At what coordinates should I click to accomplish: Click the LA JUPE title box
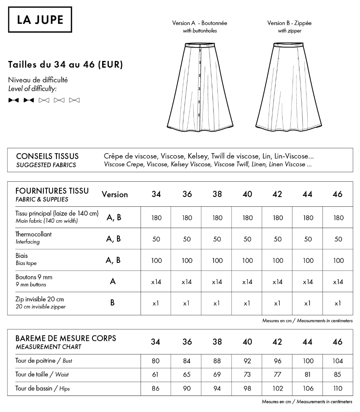coord(40,19)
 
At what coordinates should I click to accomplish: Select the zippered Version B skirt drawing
coord(289,88)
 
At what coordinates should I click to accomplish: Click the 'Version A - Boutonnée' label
coord(199,23)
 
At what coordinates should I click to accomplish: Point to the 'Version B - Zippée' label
coord(289,23)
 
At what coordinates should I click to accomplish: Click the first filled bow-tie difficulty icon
coord(13,100)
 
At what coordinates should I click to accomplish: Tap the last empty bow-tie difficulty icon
coord(74,100)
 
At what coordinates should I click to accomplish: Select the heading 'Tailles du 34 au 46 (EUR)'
coord(65,65)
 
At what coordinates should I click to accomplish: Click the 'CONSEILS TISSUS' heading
coord(47,156)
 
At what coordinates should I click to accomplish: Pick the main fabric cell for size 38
coord(217,218)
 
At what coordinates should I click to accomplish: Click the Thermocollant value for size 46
coord(338,239)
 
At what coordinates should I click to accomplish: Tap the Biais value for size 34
coord(156,261)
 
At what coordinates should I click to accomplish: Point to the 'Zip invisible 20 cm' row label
coord(40,299)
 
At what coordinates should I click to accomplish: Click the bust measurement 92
coord(247,361)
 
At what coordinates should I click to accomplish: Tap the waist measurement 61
coord(156,375)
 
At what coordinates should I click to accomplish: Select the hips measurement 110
coord(338,388)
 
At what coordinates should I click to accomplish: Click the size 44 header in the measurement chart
coord(307,342)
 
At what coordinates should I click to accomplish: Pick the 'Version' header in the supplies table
coord(115,194)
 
